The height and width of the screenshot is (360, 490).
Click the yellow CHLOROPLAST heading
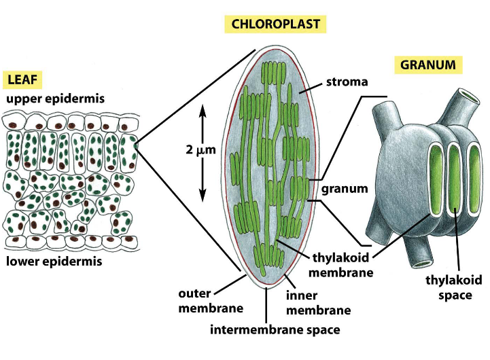[275, 25]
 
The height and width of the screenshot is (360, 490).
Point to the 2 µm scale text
[200, 150]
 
